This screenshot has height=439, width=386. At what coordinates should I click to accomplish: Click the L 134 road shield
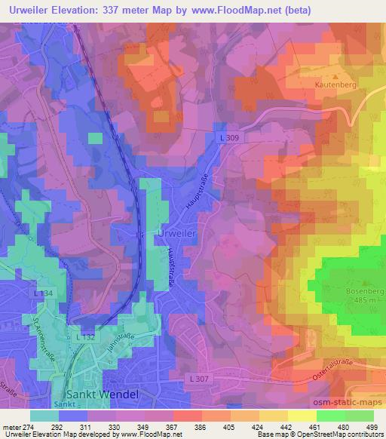point(43,291)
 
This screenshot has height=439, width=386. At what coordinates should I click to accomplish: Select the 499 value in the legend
point(372,426)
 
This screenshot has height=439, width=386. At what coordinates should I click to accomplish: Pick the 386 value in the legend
point(202,426)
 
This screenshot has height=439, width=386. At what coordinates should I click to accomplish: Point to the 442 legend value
point(287,426)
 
